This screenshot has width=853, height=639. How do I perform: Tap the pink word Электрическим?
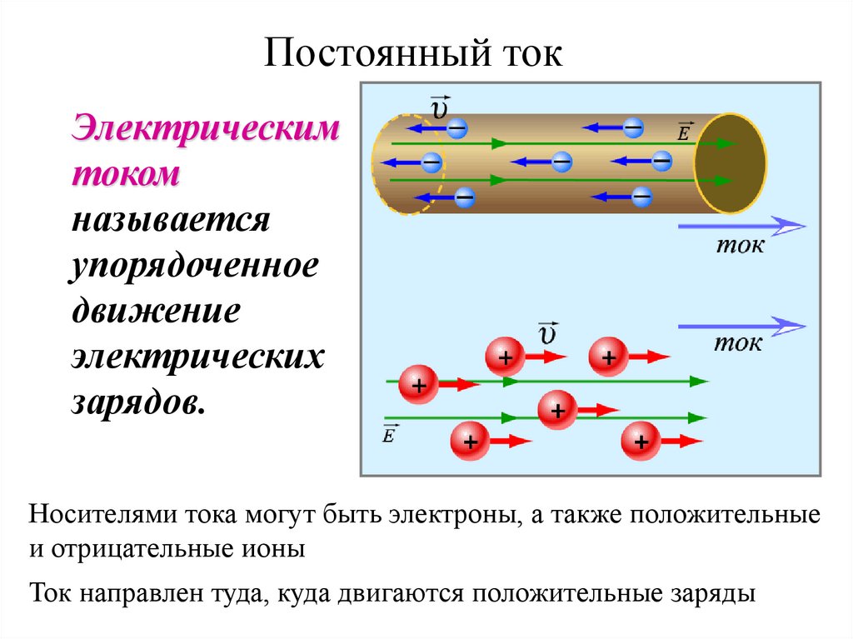coord(206,130)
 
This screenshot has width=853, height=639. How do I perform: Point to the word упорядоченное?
coord(195,268)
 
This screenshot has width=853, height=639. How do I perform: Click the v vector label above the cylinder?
coord(439,108)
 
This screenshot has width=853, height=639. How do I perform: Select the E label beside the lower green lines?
coord(388,433)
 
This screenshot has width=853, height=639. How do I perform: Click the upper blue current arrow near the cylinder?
coord(741,226)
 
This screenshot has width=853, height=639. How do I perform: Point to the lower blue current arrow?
coord(741,326)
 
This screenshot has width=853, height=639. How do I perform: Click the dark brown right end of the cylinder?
coord(731,163)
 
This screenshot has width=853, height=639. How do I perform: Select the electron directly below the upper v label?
coord(457,128)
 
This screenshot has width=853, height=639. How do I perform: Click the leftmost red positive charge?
coord(418,385)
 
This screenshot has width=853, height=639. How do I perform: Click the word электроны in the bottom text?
coord(454,515)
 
